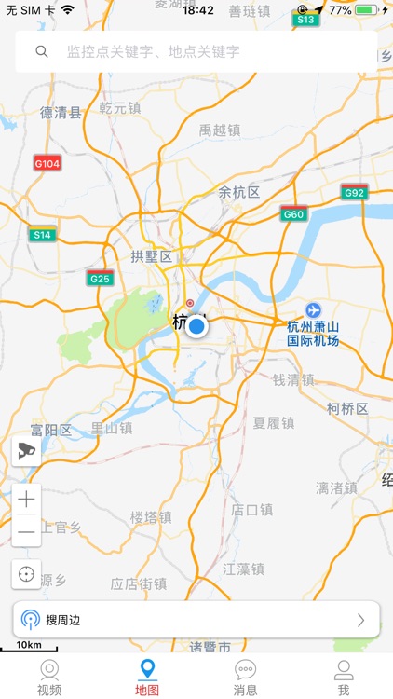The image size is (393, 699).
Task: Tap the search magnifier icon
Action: click(42, 52)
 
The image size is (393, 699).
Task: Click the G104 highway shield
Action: click(47, 163)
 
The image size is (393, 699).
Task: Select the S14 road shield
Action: click(42, 235)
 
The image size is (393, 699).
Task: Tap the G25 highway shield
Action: click(101, 278)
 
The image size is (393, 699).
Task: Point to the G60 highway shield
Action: click(294, 213)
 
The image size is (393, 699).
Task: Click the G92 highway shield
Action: click(354, 193)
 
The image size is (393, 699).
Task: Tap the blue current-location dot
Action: click(196, 326)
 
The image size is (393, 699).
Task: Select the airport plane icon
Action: click(313, 309)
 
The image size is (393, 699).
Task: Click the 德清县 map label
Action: click(61, 113)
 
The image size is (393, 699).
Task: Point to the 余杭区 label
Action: click(239, 193)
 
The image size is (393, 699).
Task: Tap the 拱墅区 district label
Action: click(152, 256)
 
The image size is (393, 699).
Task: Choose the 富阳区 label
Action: click(50, 431)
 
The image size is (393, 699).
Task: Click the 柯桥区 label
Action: click(348, 409)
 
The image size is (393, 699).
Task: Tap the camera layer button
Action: click(26, 452)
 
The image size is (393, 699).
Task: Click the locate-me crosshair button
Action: click(26, 574)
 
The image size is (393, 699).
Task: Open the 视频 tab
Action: click(49, 678)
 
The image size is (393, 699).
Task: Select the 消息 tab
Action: click(246, 678)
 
